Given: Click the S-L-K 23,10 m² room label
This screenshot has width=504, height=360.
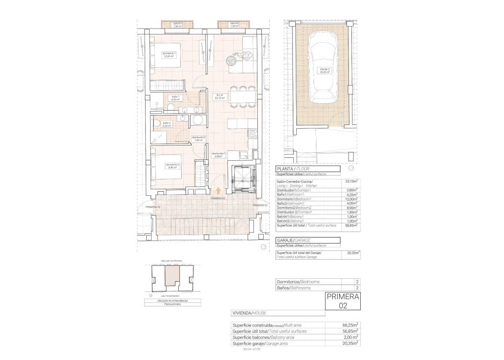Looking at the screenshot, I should [x=220, y=96].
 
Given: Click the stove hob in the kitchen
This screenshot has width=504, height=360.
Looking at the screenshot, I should [x=253, y=132].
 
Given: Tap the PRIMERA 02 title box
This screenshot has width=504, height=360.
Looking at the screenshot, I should [x=343, y=301].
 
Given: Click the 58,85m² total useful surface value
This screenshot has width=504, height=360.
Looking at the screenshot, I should [x=351, y=225].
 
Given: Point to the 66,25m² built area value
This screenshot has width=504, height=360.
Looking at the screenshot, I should [x=350, y=325].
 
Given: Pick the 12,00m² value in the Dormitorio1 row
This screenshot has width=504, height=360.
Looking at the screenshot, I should [x=352, y=199].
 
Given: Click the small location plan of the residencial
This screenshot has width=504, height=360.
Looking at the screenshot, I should [x=172, y=279].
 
